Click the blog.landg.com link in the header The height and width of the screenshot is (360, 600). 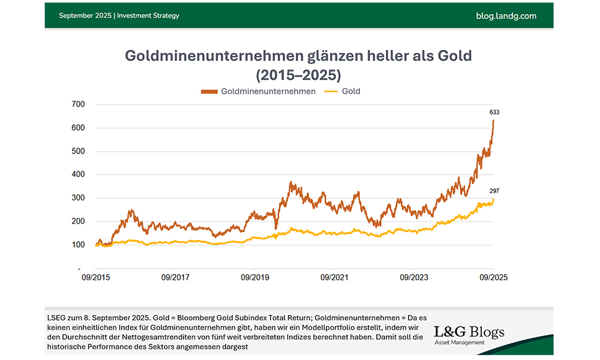[506, 16]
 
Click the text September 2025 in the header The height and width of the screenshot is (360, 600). [85, 16]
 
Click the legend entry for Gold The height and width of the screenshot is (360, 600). [351, 91]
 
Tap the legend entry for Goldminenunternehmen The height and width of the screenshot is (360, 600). [268, 91]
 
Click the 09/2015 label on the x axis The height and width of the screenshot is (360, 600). [97, 277]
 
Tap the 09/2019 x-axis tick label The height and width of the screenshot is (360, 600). [255, 277]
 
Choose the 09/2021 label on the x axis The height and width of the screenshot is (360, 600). [334, 277]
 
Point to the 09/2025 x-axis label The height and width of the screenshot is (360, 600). [493, 277]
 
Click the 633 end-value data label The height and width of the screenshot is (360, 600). [494, 112]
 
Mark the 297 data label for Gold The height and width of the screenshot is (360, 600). [494, 191]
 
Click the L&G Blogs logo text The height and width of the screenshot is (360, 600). [469, 332]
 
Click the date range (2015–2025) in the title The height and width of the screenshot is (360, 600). [298, 75]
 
